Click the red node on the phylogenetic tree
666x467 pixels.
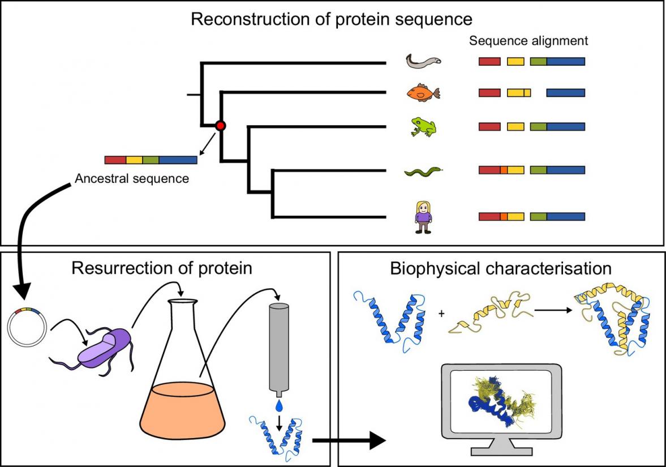coord(220,126)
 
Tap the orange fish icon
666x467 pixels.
coord(423,92)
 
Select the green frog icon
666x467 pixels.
coord(423,127)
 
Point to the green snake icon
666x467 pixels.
coord(423,171)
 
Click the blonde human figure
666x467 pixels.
coord(423,217)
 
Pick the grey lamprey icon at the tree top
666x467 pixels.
coord(423,61)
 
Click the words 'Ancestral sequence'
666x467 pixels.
coord(132,178)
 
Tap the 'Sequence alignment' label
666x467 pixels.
coord(528,41)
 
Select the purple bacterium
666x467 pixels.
coord(104,348)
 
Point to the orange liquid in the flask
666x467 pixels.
coord(182,410)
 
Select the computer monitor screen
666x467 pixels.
coord(502,401)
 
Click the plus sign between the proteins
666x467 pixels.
coord(442,314)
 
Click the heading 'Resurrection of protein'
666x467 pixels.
coord(162,268)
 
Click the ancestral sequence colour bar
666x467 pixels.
coord(151,160)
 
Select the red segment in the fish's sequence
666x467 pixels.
coord(489,93)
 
